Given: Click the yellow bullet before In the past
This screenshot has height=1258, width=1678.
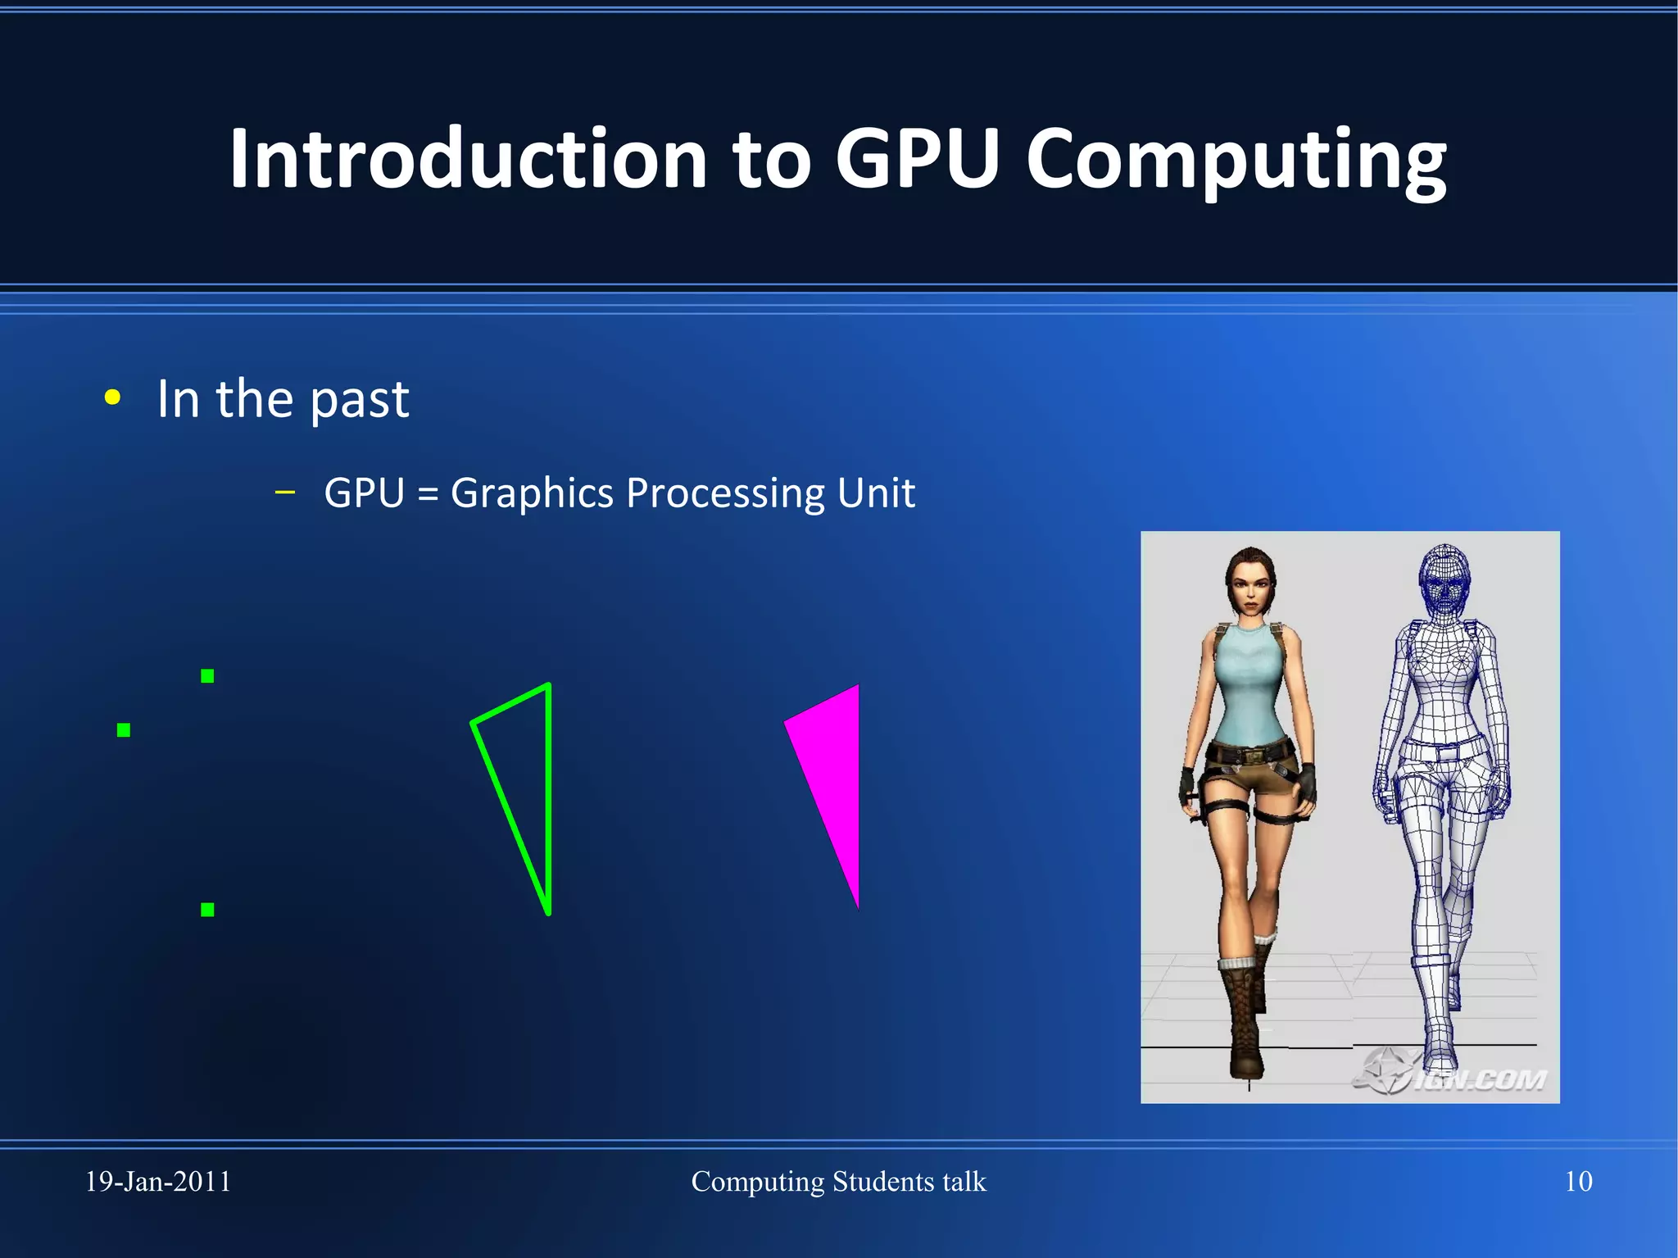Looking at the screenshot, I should (113, 398).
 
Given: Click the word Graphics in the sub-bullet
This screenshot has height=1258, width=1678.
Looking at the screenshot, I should (532, 493).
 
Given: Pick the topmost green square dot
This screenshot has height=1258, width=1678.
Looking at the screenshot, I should (207, 676).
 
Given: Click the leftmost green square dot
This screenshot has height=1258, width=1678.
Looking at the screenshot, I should (124, 730).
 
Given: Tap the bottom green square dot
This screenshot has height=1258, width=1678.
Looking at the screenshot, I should (207, 910).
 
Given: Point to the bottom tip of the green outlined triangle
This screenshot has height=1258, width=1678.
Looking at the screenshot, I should (548, 911).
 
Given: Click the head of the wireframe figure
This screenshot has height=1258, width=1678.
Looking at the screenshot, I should (1444, 579).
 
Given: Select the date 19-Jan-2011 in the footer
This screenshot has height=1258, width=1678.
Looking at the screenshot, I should (158, 1182).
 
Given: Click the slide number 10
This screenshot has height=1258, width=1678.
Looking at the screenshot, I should (1578, 1182).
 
